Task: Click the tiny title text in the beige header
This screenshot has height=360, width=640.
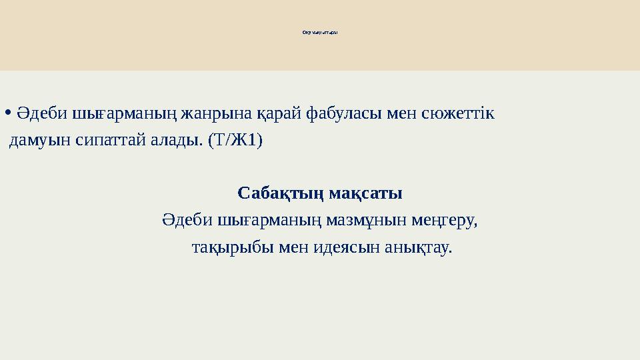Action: point(320,31)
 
